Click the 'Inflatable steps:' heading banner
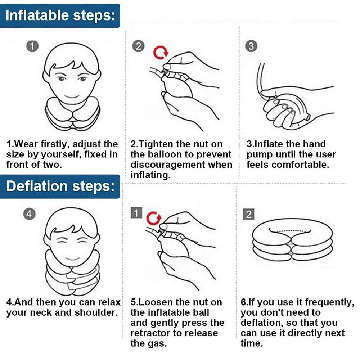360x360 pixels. coord(60,15)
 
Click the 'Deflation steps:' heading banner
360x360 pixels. coord(60,186)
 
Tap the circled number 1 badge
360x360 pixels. coord(32,46)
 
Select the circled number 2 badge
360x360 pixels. coord(138,46)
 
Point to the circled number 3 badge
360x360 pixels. coord(251,46)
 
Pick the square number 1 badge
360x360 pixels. coord(136,213)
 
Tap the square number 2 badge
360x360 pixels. coord(248,214)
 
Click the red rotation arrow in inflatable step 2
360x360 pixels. coord(161,53)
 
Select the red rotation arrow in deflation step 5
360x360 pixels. coord(154,218)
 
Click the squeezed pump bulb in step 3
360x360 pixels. coord(284,110)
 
